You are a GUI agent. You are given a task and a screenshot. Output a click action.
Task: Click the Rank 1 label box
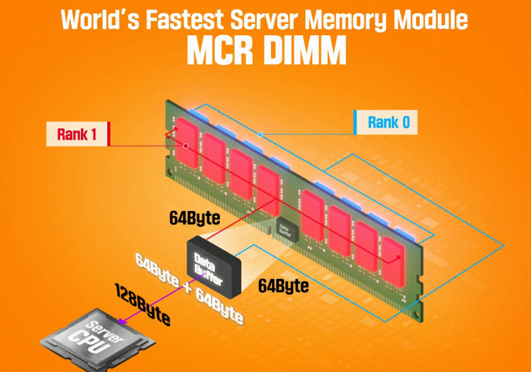(77, 134)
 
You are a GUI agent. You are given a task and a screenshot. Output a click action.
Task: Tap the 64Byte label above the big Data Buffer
(194, 218)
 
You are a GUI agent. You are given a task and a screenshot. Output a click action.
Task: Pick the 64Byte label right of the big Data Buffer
(283, 286)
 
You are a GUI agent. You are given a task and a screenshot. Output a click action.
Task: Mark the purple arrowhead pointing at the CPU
(122, 323)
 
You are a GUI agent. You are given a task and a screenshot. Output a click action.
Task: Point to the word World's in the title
(100, 20)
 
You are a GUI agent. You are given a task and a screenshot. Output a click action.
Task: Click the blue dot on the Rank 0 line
(260, 135)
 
